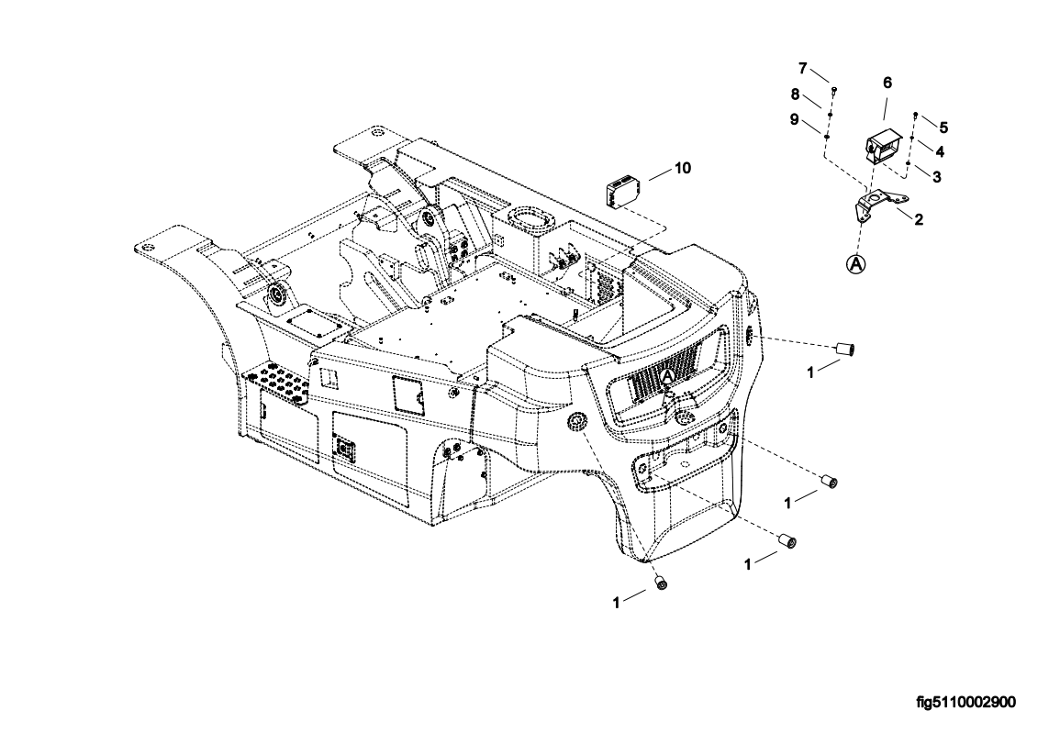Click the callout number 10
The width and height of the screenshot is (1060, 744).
(x=683, y=168)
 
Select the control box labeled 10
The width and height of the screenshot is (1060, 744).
(x=622, y=192)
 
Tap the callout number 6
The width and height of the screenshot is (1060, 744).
(x=887, y=83)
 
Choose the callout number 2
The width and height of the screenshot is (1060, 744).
(x=919, y=219)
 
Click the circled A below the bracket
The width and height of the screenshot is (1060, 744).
(x=856, y=264)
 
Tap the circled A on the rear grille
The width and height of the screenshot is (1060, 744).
(x=668, y=375)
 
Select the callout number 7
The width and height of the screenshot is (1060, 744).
(x=803, y=68)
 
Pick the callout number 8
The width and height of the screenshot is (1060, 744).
(x=796, y=94)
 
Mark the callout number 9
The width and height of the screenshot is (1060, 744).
(x=795, y=119)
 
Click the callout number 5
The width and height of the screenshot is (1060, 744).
(x=944, y=128)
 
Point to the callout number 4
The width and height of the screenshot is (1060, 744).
(x=941, y=150)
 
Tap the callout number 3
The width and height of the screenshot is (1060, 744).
(x=937, y=177)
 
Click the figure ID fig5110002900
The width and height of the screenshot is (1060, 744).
(x=966, y=702)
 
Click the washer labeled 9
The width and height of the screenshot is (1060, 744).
(x=827, y=138)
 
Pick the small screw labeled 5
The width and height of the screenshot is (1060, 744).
(x=915, y=114)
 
